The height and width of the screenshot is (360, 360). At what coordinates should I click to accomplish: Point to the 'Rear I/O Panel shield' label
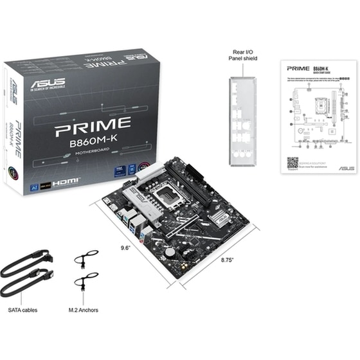pyautogui.click(x=244, y=54)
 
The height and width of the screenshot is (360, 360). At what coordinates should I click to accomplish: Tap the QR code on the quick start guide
pyautogui.click(x=292, y=163)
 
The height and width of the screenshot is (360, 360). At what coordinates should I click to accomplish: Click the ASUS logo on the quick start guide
pyautogui.click(x=346, y=168)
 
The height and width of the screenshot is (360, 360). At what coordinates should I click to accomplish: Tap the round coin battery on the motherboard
pyautogui.click(x=170, y=252)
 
